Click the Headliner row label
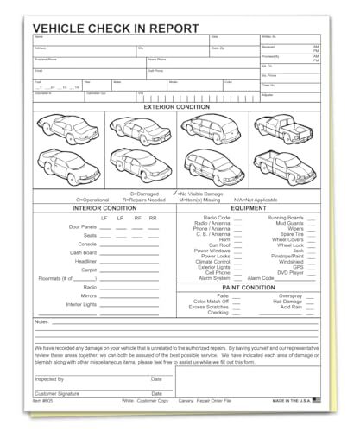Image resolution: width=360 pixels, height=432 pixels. [85, 261]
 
